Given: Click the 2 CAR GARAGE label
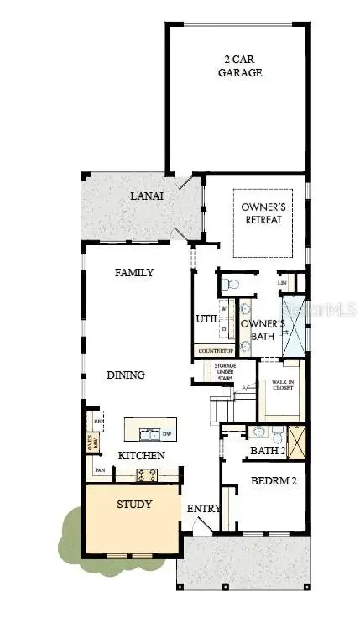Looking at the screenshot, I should point(242,65).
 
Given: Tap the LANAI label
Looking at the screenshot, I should point(147,196).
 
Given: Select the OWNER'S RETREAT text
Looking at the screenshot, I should point(261,213).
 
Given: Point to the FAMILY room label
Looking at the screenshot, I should point(134,272).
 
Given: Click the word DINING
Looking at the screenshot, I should point(126,375).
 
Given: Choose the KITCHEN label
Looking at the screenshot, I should point(140,455).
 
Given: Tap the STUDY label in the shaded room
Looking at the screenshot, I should point(134,505).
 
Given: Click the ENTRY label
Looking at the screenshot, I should point(203,509).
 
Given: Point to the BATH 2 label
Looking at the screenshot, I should point(268,451).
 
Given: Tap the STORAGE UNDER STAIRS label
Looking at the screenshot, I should point(224,372).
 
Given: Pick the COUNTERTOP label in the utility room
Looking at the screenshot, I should point(215,350).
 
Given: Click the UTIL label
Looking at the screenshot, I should point(207,319).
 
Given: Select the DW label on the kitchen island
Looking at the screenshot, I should point(167,433).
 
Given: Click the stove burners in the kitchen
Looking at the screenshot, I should point(147,474).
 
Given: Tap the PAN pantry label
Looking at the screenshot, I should point(100,471).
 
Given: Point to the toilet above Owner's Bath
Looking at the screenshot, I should point(229,285).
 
